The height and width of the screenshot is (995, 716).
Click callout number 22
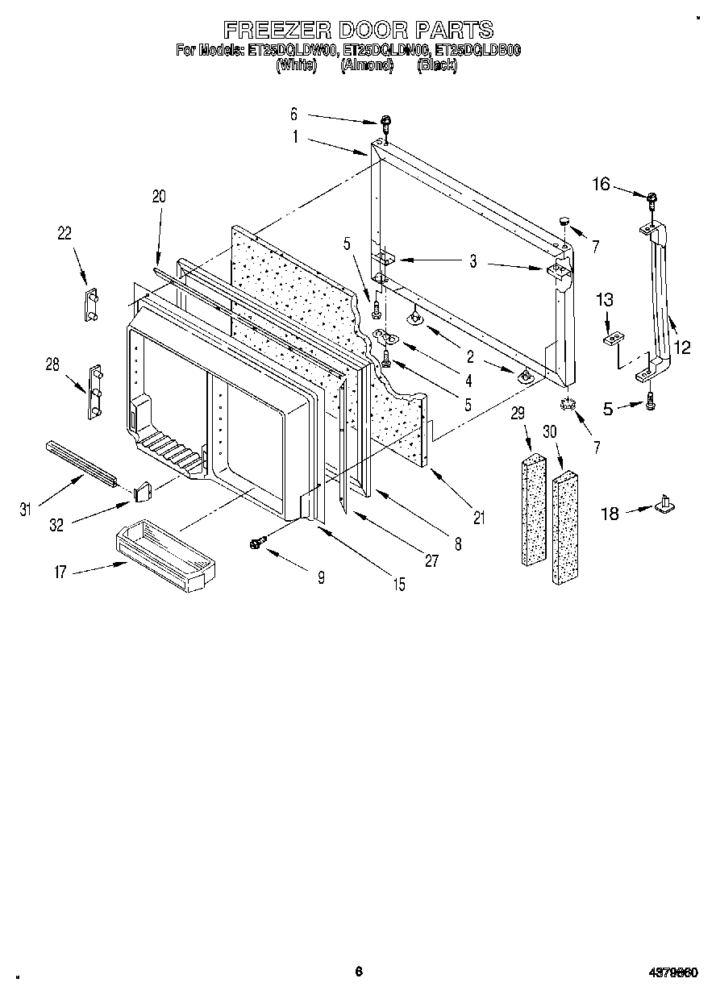[x=65, y=234]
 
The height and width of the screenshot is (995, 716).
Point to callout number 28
[x=53, y=364]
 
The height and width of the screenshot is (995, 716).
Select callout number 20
[x=158, y=195]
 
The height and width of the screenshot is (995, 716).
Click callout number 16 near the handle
[x=602, y=184]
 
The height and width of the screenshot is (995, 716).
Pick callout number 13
[x=605, y=300]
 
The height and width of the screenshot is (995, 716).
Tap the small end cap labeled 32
[x=143, y=489]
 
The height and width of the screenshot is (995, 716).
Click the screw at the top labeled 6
[x=388, y=124]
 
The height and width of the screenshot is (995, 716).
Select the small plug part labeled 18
[x=666, y=505]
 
